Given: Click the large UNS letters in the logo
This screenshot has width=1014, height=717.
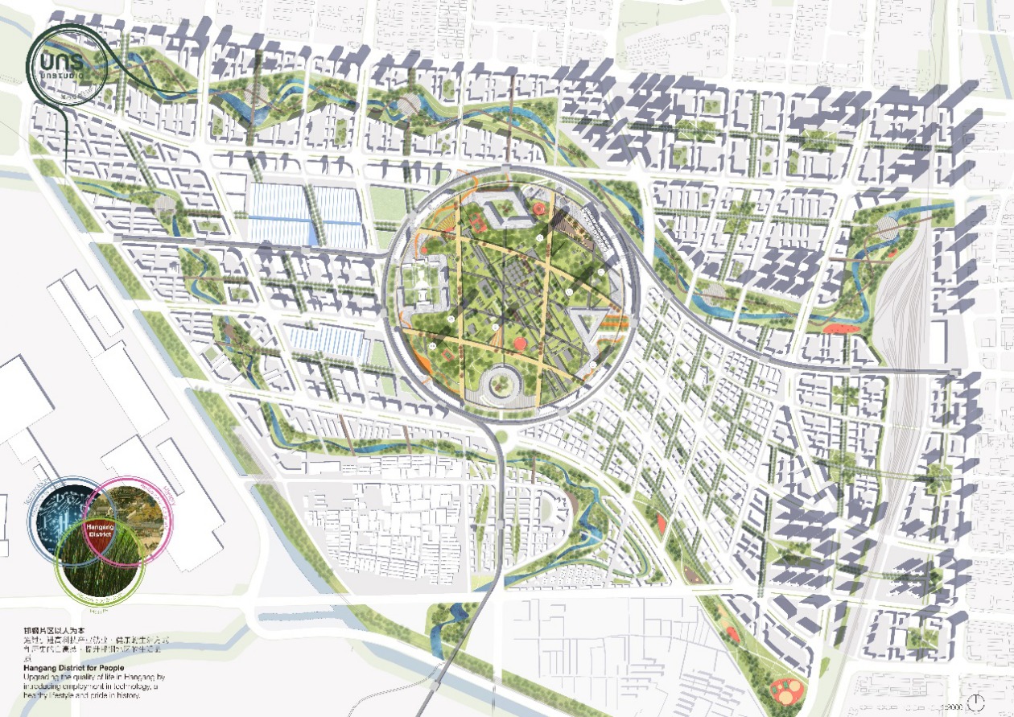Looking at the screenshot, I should tap(67, 60).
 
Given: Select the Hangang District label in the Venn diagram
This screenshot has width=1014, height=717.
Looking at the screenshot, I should tap(99, 531).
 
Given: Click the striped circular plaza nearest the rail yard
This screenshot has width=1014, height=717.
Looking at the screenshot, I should tap(885, 227).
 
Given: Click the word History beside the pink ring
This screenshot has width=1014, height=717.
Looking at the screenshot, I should tap(168, 490).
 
